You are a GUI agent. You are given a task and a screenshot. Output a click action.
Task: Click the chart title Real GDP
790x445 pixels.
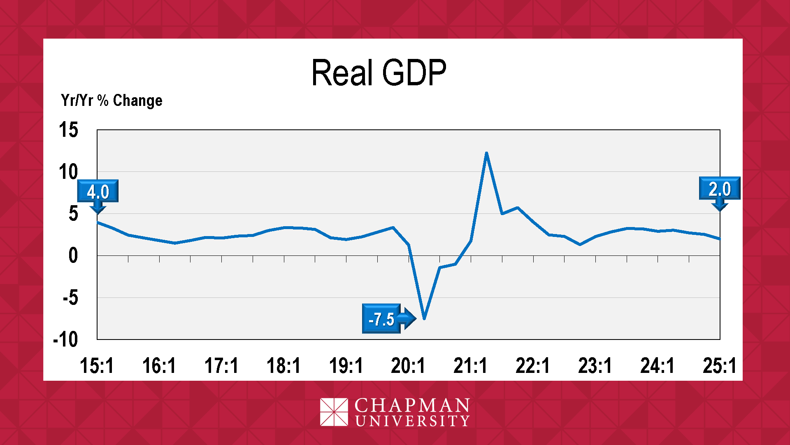(x=379, y=73)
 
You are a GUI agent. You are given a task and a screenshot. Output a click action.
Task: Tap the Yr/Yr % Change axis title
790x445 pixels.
(x=112, y=101)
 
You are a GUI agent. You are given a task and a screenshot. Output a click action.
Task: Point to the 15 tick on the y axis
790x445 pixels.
(x=68, y=130)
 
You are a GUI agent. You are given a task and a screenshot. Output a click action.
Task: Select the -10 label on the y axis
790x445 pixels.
(x=65, y=340)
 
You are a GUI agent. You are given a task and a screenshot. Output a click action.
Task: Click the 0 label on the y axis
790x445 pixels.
(x=73, y=256)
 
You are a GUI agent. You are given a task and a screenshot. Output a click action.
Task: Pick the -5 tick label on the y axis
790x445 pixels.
(x=70, y=297)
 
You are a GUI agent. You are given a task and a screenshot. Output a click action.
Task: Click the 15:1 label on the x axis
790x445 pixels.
(x=97, y=365)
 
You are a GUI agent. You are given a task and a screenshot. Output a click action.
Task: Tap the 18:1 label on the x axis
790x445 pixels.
(x=283, y=365)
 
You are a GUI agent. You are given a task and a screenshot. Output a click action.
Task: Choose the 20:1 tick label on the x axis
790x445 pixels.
(x=408, y=365)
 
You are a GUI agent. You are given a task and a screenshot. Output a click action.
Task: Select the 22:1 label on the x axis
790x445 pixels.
(x=532, y=365)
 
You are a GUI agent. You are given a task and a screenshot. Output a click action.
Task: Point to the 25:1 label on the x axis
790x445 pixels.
(x=719, y=365)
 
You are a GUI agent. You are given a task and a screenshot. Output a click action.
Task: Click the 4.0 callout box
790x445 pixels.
(x=98, y=192)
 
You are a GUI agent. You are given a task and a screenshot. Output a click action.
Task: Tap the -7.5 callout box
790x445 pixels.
(x=381, y=319)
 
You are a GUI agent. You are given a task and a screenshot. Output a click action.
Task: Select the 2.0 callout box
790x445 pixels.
(x=720, y=189)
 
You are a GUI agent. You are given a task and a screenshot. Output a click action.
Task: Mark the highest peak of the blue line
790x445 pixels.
(x=486, y=153)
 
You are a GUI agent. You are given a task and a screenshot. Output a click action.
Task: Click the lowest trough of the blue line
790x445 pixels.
(x=424, y=319)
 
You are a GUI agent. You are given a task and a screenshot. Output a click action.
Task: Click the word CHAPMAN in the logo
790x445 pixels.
(x=412, y=405)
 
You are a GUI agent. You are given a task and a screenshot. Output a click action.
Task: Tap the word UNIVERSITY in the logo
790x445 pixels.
(x=412, y=421)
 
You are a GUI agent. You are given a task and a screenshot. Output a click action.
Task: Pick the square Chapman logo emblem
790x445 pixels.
(x=334, y=412)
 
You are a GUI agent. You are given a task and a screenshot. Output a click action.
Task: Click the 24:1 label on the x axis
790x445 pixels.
(x=657, y=365)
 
